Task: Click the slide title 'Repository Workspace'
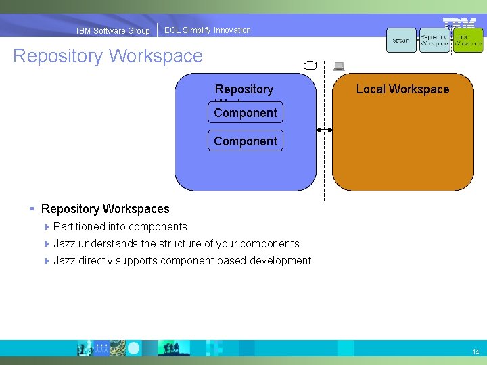[x=108, y=55]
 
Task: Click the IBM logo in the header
[x=459, y=23]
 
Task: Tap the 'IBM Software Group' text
[x=113, y=30]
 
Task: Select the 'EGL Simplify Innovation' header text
[x=207, y=30]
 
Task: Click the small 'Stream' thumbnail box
[x=401, y=41]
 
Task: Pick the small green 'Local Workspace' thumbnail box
[x=468, y=41]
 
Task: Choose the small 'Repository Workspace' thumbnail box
[x=434, y=41]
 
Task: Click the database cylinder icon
[x=310, y=66]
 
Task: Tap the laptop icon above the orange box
[x=339, y=66]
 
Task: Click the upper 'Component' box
[x=245, y=112]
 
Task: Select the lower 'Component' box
[x=245, y=141]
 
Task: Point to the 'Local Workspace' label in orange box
[x=402, y=89]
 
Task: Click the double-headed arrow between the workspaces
[x=324, y=129]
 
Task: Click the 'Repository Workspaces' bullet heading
[x=105, y=209]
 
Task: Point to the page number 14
[x=476, y=352]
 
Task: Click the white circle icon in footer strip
[x=134, y=348]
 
